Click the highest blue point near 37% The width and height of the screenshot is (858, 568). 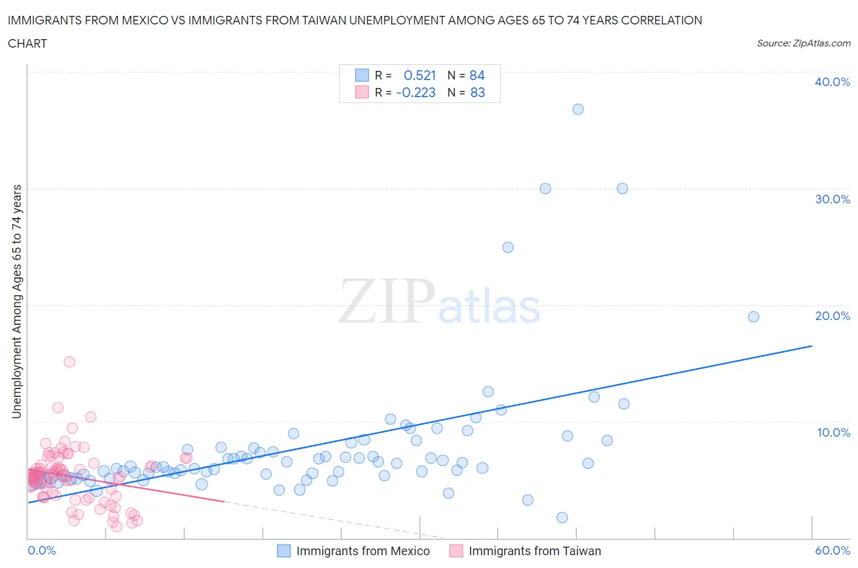[578, 109]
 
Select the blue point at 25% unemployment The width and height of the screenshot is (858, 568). [508, 247]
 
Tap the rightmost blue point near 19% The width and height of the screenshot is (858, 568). [754, 316]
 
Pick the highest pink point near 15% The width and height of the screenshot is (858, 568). [70, 362]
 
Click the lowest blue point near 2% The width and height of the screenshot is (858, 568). [562, 518]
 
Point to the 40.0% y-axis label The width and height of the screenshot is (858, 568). [832, 82]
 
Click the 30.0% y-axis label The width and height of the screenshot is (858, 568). [832, 199]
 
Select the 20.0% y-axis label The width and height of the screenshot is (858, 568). [832, 316]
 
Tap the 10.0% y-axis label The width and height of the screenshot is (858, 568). [832, 432]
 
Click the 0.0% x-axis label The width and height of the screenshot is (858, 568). [41, 550]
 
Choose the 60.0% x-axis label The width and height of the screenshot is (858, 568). [832, 550]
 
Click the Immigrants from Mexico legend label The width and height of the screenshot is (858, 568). [363, 551]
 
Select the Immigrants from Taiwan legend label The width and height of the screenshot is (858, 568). [535, 551]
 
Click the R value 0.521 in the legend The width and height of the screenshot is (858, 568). [420, 75]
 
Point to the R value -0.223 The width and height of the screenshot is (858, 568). [416, 92]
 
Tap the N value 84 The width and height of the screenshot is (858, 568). [477, 75]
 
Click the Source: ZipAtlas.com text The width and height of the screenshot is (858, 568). [803, 43]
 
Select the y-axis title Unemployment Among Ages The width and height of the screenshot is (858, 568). [16, 301]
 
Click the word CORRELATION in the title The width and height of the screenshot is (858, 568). [662, 20]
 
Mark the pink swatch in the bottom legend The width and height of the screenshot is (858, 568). [456, 551]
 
